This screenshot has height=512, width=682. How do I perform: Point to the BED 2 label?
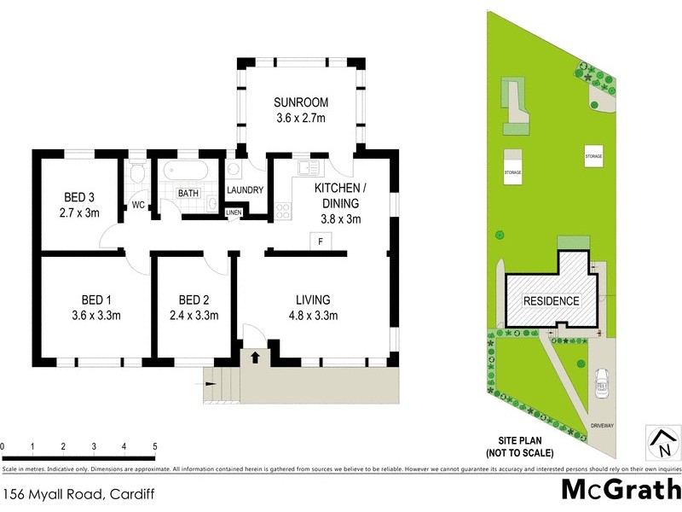194,300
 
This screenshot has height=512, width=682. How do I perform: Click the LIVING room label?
313,300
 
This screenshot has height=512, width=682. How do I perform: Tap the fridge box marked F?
320,242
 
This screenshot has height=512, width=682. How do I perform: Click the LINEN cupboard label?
234,212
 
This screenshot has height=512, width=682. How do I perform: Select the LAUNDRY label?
245,190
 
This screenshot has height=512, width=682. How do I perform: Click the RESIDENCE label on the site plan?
551,301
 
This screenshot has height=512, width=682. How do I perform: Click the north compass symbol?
662,440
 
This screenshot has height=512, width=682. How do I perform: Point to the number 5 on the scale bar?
154,446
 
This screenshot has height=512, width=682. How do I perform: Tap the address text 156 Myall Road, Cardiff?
66,494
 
